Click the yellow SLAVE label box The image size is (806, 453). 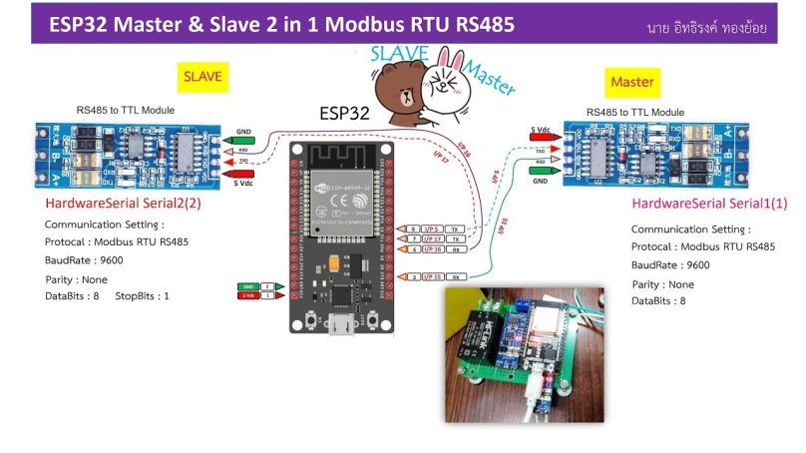(x=201, y=76)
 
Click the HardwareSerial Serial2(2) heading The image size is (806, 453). (x=123, y=204)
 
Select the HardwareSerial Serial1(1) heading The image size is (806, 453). (x=709, y=204)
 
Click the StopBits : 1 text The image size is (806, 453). (x=143, y=295)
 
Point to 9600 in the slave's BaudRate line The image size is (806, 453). (x=111, y=260)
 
